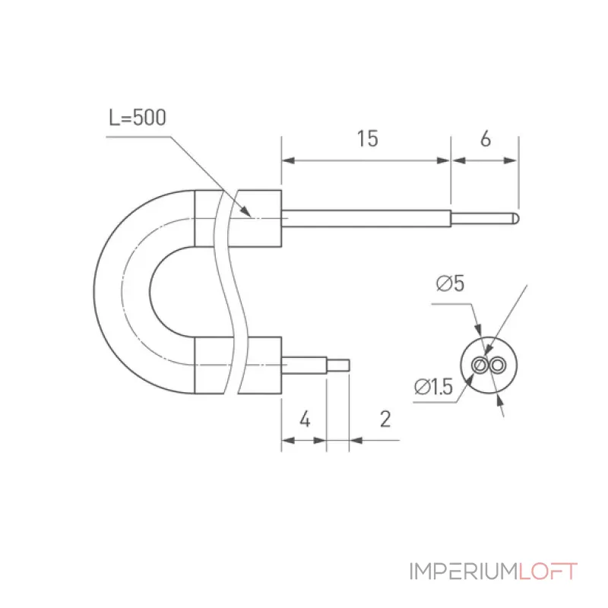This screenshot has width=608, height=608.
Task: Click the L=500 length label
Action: pos(138,117)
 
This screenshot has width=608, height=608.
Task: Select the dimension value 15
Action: pos(367,138)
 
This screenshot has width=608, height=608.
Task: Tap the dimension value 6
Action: pos(486,138)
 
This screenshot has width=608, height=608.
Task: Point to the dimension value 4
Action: pos(306,420)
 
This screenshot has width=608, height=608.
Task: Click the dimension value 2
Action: pos(385,419)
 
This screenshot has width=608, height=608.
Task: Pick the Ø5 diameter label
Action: pos(450,283)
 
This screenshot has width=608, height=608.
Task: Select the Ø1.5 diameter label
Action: pos(433,387)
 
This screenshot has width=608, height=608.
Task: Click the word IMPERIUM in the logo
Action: pos(464,572)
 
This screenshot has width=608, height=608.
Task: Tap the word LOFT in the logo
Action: pos(548,572)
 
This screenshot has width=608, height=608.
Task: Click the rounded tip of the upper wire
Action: pos(516,218)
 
